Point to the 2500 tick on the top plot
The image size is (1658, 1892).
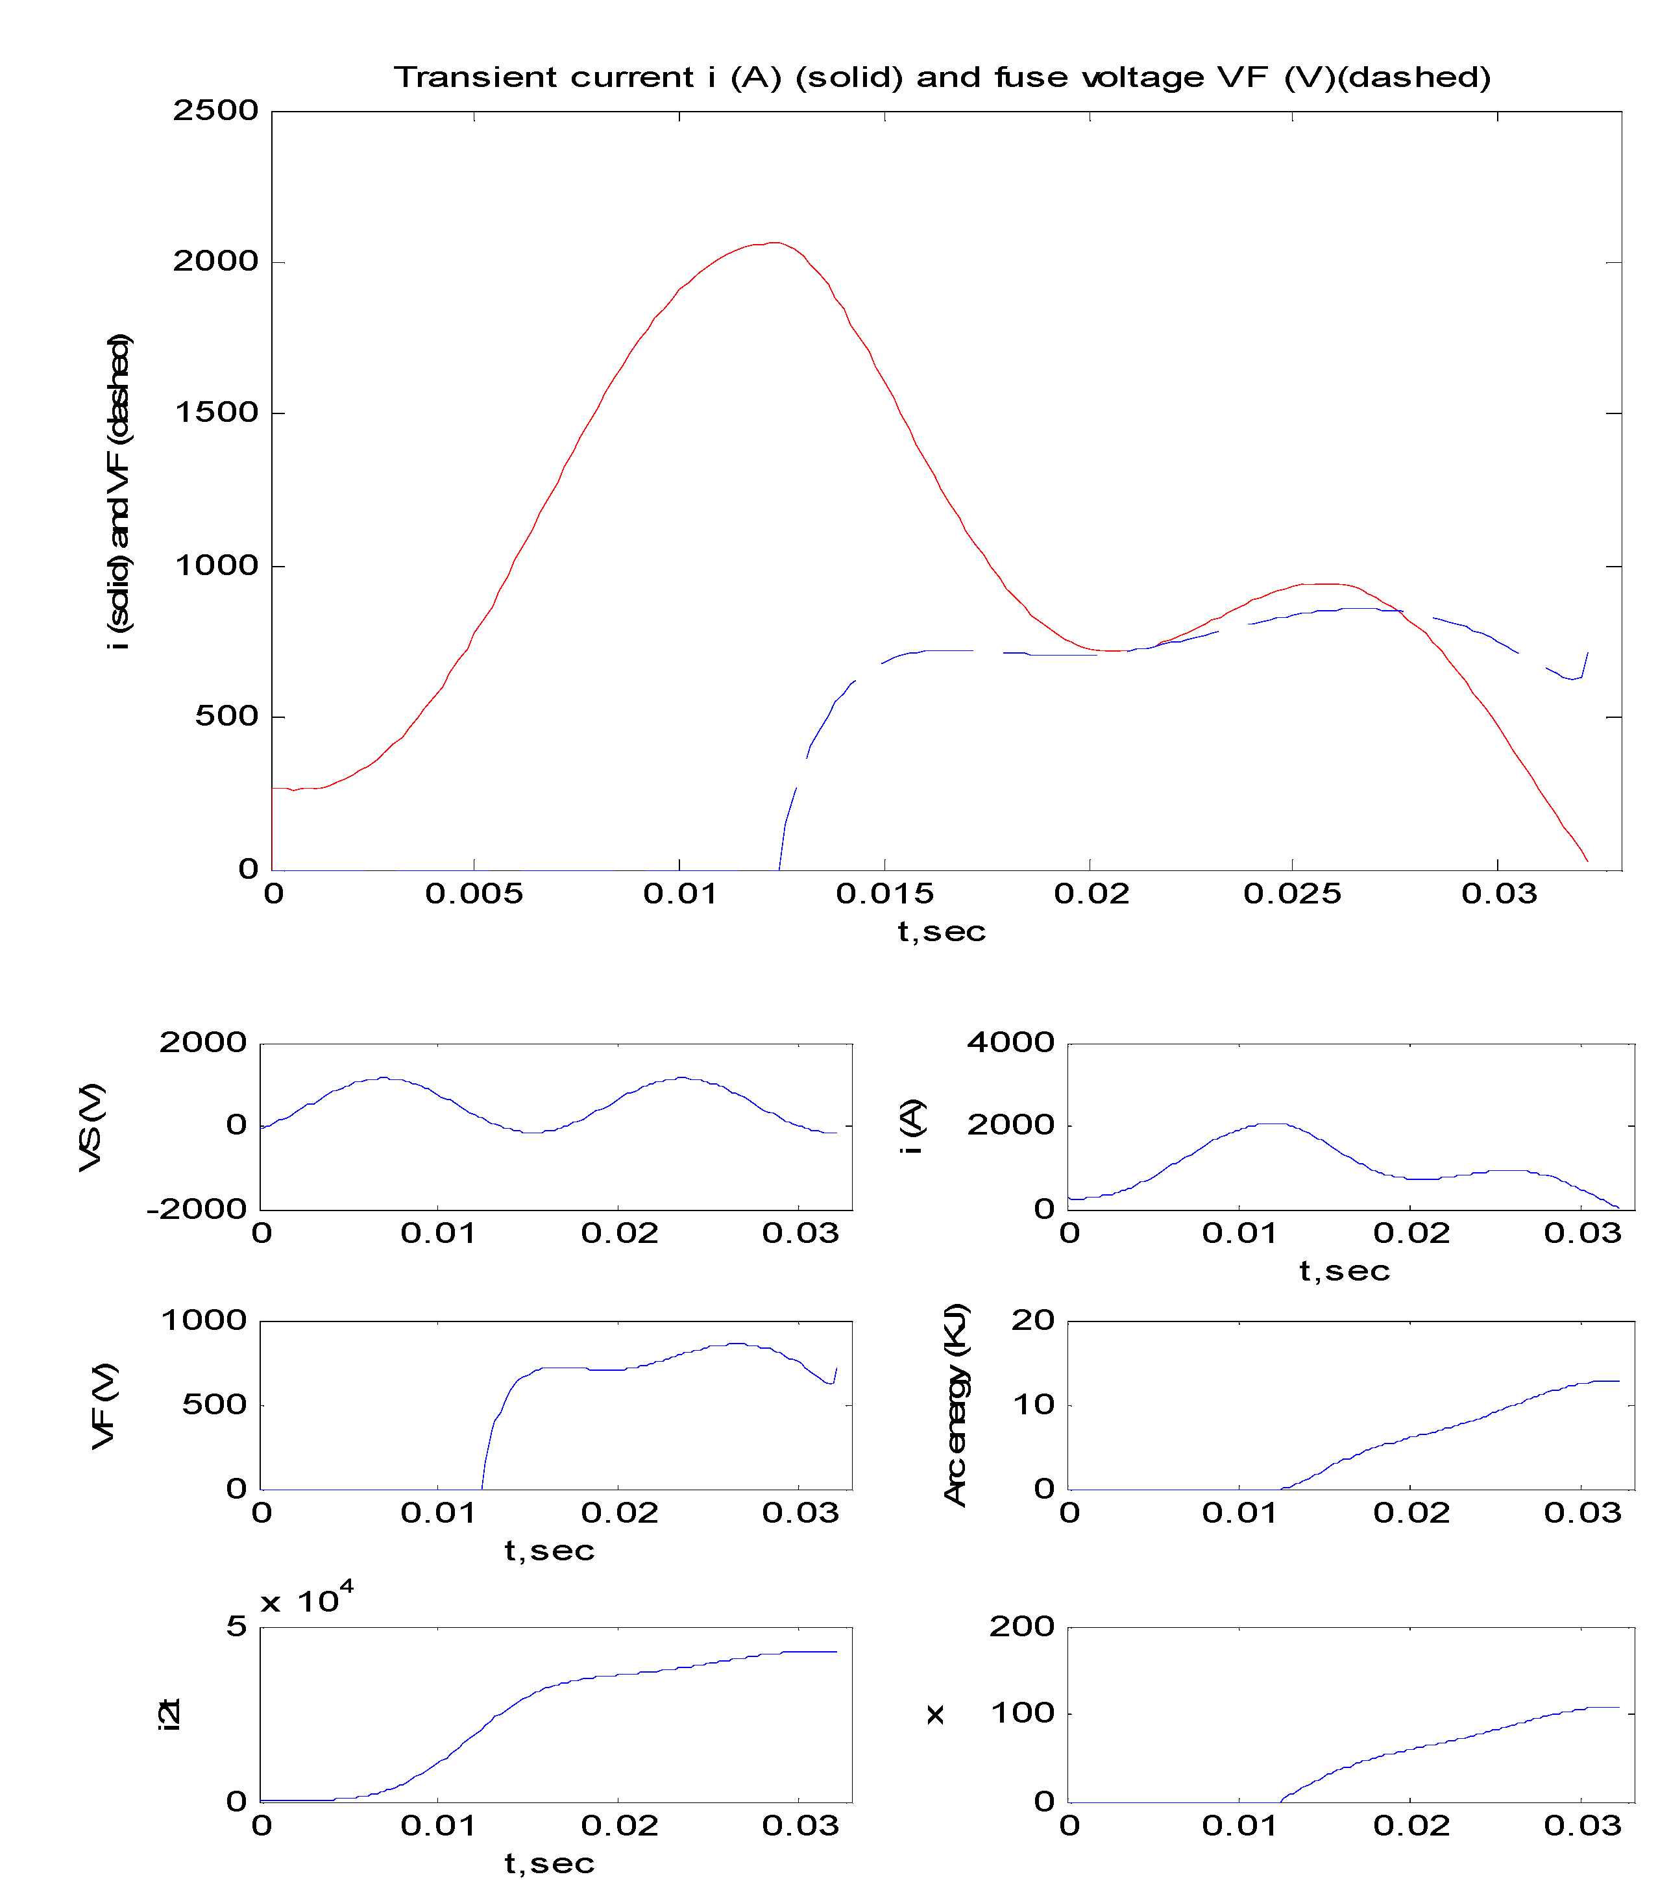[215, 111]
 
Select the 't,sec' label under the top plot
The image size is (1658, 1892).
[941, 931]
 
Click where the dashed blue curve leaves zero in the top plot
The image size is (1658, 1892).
[779, 868]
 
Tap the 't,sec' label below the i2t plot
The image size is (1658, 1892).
[548, 1863]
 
